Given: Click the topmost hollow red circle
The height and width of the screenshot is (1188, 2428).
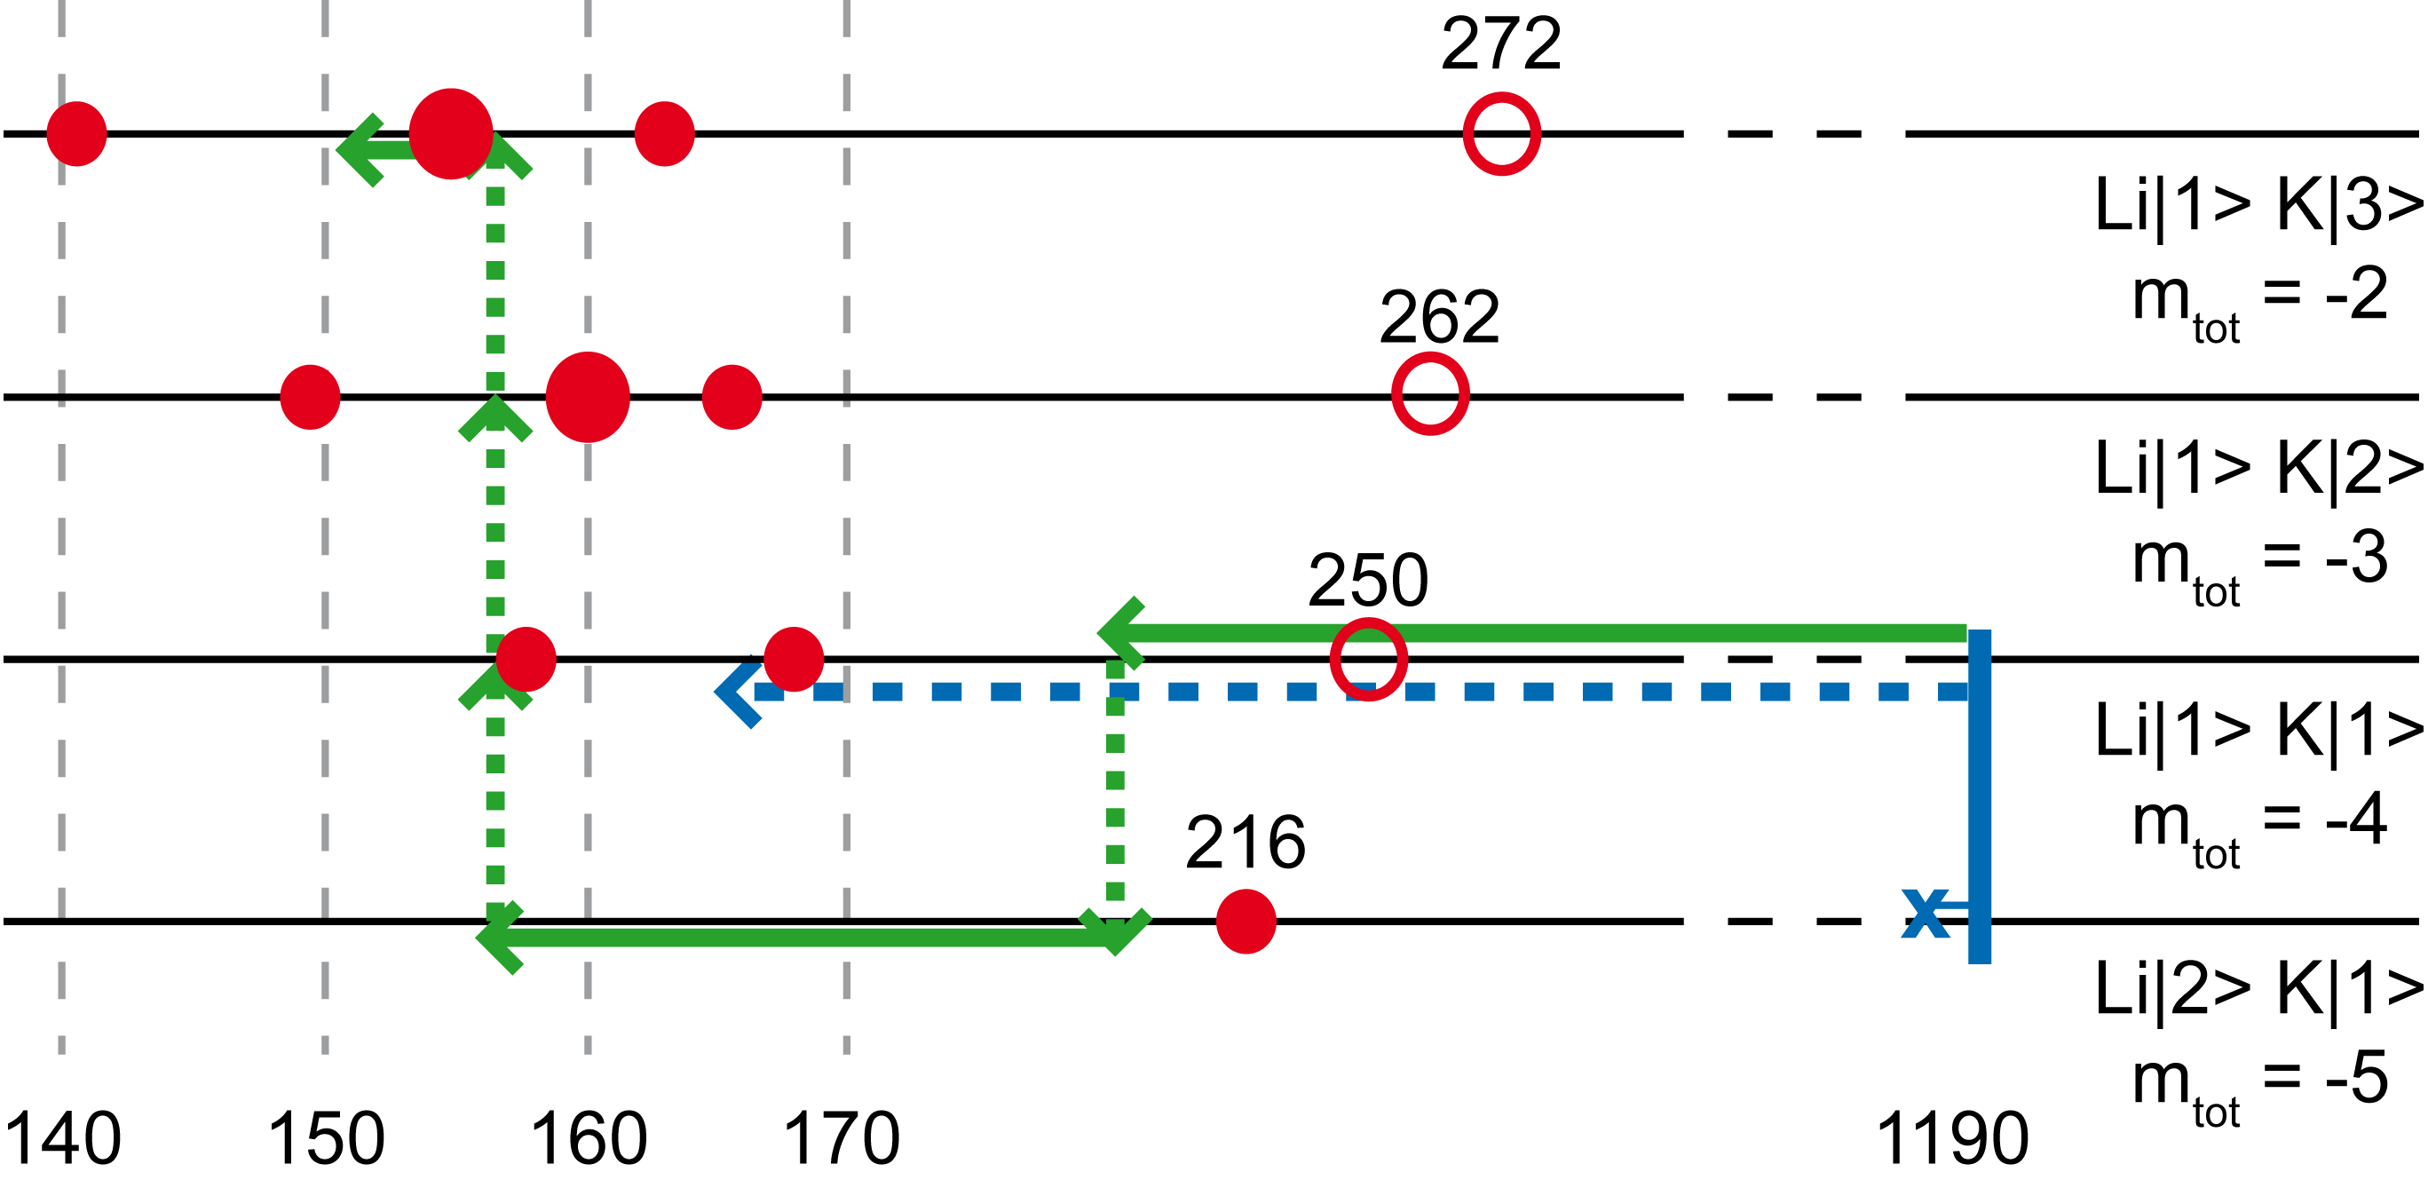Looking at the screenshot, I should (1501, 134).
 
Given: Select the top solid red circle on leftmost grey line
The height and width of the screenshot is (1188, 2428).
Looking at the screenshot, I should (76, 134).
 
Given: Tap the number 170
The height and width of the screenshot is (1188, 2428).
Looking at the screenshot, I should (845, 1139).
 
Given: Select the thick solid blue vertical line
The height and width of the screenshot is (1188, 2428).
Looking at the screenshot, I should (1980, 905).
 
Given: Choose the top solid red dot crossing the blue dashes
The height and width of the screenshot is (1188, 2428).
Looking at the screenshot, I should (1246, 921).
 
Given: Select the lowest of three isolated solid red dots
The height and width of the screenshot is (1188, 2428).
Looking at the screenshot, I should (1246, 1132).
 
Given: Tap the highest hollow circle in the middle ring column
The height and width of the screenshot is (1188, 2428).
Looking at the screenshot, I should (1430, 394).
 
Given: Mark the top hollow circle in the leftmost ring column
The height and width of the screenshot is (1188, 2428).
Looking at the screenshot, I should (1369, 659).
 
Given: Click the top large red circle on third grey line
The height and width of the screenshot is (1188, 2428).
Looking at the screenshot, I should (587, 397).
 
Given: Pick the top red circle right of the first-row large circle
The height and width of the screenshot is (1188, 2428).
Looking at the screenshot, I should (665, 134).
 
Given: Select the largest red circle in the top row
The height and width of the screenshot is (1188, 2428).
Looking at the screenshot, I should (451, 134).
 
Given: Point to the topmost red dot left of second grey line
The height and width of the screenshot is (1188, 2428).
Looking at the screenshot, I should (310, 397).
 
